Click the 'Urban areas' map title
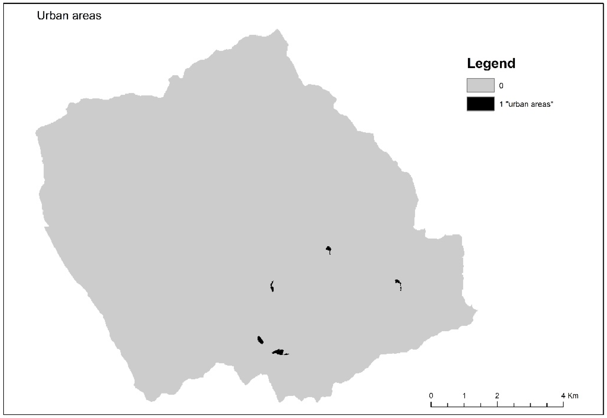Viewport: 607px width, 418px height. [x=69, y=16]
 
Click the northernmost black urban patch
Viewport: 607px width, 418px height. [x=328, y=249]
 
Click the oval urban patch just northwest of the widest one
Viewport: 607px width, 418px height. [x=260, y=340]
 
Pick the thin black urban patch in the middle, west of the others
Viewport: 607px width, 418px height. [x=272, y=286]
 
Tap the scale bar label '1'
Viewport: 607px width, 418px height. [x=464, y=396]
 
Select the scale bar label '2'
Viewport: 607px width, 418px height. [x=497, y=396]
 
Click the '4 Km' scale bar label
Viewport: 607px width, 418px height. [x=569, y=396]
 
